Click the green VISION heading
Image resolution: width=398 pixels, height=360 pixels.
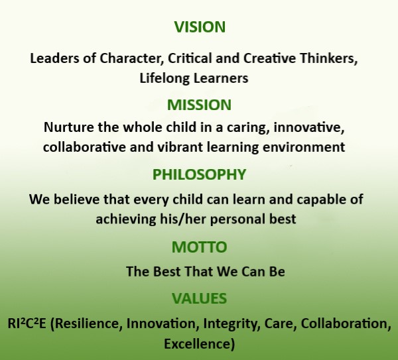[200, 27]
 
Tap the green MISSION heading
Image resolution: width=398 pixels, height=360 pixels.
[199, 105]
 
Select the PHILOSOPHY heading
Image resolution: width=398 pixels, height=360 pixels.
[199, 174]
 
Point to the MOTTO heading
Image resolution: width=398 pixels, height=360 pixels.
[199, 247]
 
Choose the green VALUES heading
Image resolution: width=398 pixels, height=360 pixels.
[199, 298]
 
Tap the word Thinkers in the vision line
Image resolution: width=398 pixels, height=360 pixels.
[328, 58]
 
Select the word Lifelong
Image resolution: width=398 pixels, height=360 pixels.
[165, 78]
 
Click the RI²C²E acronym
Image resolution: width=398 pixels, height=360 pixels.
[27, 324]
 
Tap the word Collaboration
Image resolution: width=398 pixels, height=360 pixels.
[346, 324]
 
